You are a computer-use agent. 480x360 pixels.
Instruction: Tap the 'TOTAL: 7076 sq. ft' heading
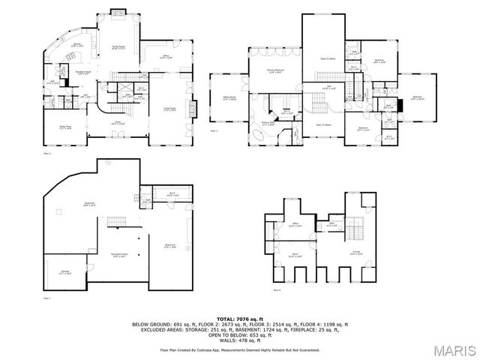[240, 319]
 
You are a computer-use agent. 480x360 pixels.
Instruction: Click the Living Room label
[169, 109]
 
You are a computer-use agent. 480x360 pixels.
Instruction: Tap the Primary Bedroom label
[275, 70]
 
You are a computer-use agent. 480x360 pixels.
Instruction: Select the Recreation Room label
[116, 255]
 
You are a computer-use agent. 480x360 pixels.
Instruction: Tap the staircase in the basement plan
[115, 220]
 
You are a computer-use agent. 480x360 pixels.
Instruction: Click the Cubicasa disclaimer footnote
[240, 349]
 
